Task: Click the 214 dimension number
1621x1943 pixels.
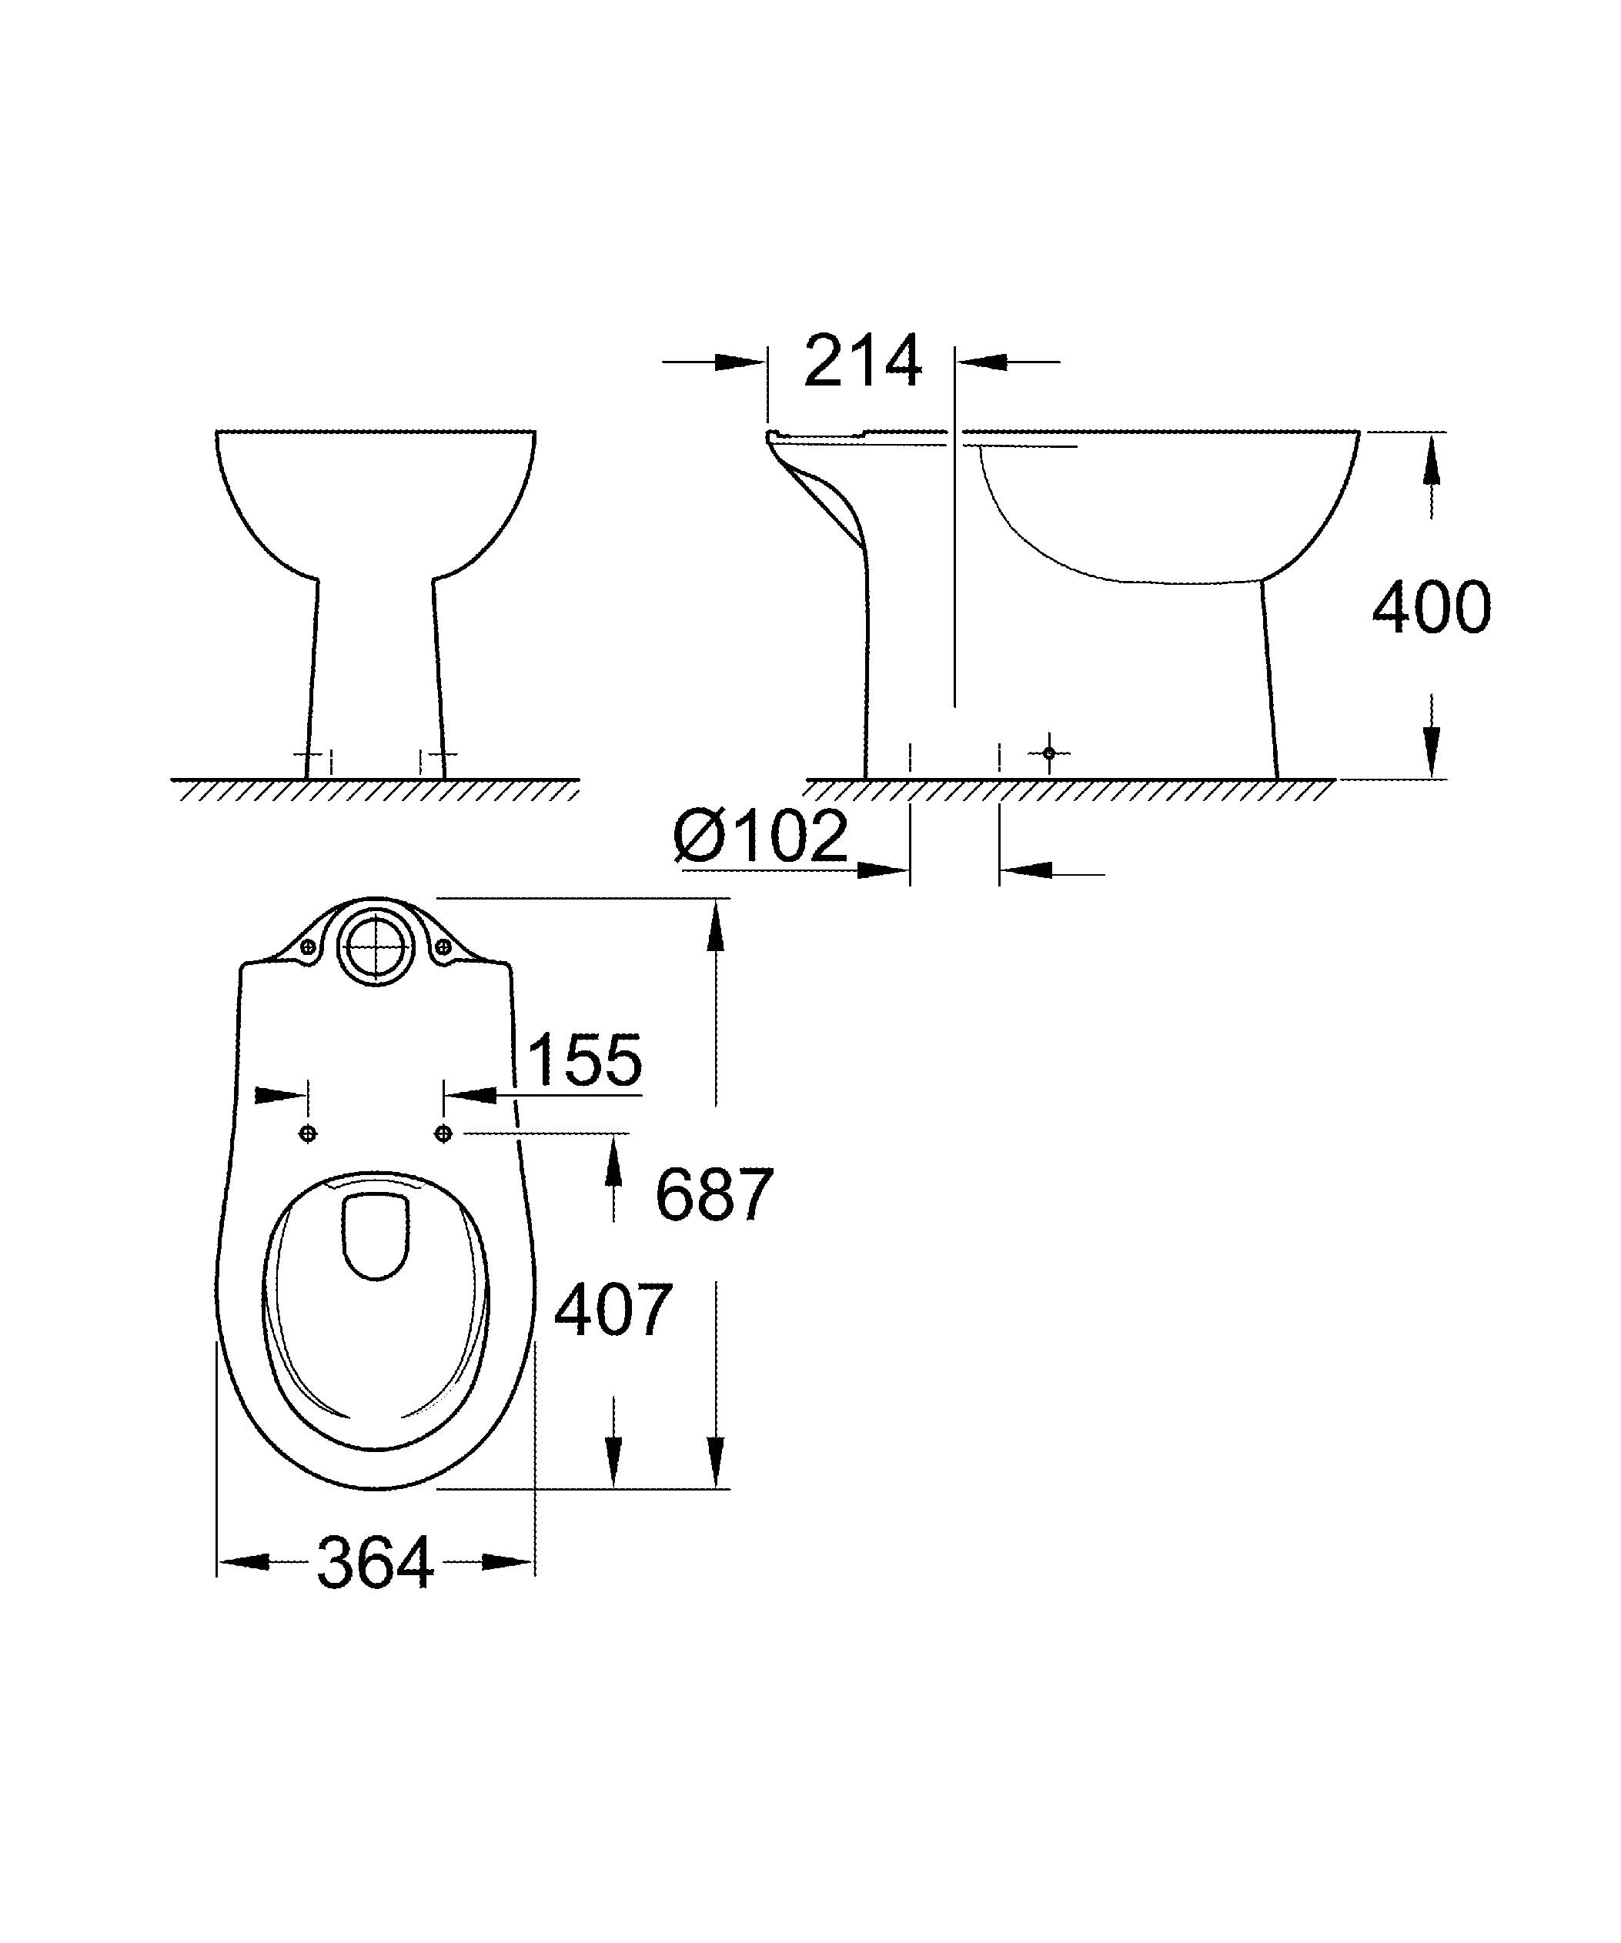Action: tap(862, 360)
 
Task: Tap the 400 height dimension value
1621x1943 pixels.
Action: tap(1430, 608)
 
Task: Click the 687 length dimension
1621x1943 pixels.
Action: tap(714, 1194)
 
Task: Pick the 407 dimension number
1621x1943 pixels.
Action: tap(613, 1310)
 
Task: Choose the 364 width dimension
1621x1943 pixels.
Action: tap(375, 1564)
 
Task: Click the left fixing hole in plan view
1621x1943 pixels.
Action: tap(308, 1133)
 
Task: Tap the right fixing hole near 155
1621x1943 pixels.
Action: tap(443, 1133)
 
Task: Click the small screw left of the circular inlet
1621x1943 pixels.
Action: tap(308, 946)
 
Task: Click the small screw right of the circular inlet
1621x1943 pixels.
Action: tap(443, 946)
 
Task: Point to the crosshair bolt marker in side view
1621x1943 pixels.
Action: tap(1048, 753)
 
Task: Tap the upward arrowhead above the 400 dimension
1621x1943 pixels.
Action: tap(1432, 462)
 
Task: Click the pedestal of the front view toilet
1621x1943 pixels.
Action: tap(375, 676)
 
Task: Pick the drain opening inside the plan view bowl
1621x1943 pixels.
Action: tap(376, 1236)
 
